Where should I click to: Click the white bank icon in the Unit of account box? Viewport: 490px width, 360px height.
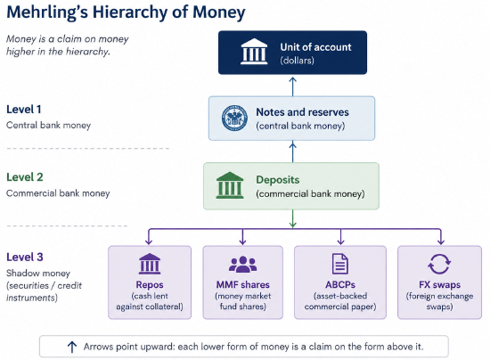(254, 52)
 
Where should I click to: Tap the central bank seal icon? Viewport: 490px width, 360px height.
(234, 118)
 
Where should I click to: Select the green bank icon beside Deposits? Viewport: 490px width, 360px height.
(230, 185)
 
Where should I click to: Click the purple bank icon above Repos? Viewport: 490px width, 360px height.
(150, 264)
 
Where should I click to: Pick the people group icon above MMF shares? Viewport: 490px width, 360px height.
(243, 264)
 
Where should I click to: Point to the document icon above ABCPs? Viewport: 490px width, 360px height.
(340, 264)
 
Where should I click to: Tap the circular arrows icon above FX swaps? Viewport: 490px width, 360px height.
(439, 264)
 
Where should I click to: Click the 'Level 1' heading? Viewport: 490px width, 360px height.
(24, 110)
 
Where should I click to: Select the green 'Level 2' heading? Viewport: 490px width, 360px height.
(25, 177)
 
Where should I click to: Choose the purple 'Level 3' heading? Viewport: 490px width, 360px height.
(25, 258)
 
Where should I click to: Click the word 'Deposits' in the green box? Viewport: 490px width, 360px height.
(277, 180)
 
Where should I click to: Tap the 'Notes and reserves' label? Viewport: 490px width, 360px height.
(303, 112)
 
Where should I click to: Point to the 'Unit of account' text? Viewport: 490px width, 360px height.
(315, 47)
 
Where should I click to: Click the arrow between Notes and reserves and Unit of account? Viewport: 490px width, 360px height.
(292, 86)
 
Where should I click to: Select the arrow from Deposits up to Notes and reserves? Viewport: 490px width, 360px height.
(292, 151)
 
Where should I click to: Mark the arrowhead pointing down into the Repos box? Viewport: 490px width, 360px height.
(149, 241)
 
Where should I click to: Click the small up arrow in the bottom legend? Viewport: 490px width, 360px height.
(72, 347)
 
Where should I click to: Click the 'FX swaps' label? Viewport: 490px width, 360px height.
(439, 285)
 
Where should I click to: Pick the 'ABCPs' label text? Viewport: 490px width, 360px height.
(340, 285)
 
